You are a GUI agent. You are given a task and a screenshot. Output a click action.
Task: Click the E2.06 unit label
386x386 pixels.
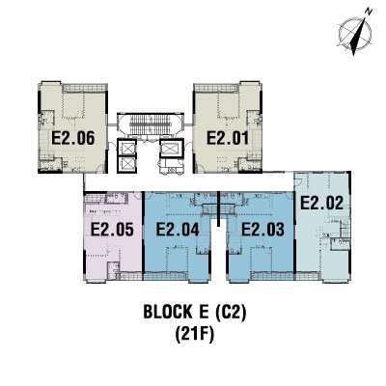pos(73,138)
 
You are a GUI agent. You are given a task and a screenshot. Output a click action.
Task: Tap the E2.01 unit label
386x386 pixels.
pos(228,138)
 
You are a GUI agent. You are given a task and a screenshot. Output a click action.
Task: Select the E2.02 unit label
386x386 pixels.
pos(321,204)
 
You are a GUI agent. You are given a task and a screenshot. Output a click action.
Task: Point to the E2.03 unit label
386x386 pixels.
pos(262,230)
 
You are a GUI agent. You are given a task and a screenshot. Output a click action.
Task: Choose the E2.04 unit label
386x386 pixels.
pos(178,230)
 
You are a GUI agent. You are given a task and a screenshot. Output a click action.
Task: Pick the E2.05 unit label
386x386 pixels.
pos(112,230)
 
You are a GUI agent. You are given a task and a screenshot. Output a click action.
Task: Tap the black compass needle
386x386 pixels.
pos(358,36)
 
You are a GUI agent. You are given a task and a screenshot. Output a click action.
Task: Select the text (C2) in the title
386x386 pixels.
pos(231,312)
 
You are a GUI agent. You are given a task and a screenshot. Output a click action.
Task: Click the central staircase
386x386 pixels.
pos(150,124)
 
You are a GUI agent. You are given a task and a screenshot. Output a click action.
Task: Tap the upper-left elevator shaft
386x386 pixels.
pos(127,148)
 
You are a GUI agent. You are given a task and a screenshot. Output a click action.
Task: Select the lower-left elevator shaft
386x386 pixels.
pos(127,164)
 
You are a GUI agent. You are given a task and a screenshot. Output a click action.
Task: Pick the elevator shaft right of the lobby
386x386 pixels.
pos(172,148)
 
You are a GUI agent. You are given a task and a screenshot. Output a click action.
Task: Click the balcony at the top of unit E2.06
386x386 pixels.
pos(84,88)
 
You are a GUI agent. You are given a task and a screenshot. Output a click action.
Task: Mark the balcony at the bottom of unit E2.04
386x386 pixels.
pos(165,276)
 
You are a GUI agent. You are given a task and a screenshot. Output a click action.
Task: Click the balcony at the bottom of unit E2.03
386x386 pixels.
pos(272,276)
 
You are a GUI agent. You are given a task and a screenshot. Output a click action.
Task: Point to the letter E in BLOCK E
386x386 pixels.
pos(203,312)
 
